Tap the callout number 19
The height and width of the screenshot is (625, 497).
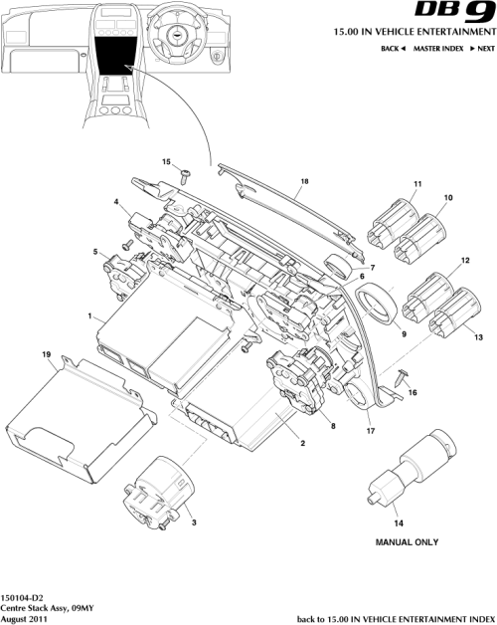coord(46,355)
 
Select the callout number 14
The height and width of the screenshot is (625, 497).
coord(399,522)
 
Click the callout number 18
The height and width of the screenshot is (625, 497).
coord(304,183)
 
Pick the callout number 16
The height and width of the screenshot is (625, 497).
coord(414,393)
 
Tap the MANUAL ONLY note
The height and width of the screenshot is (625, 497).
coord(406,544)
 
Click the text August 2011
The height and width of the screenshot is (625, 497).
coord(26,618)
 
